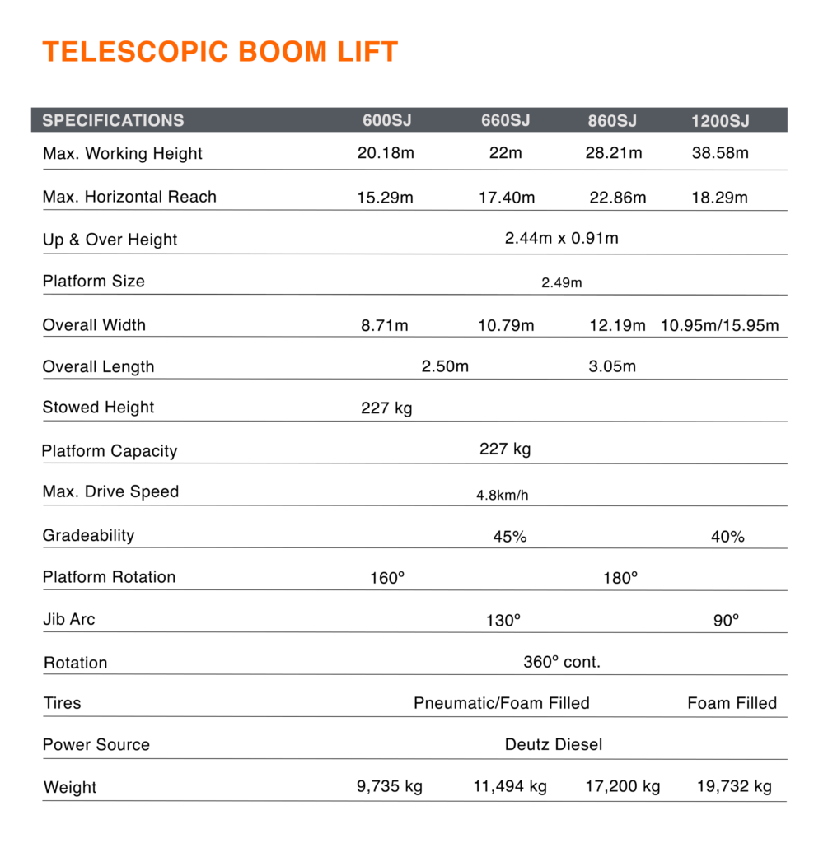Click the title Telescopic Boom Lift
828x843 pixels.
point(220,52)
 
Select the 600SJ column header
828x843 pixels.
point(386,121)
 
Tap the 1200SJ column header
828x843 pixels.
point(719,121)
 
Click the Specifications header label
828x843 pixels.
point(113,120)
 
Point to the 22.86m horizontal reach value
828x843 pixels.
point(618,198)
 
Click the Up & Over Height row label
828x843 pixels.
point(110,240)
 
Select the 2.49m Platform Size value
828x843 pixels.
point(561,283)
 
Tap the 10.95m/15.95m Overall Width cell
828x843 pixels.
point(719,325)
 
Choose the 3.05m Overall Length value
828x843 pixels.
point(612,366)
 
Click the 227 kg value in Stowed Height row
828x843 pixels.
point(386,408)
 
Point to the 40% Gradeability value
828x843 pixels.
point(727,537)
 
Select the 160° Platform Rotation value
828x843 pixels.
point(387,578)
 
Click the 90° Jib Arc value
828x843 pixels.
point(726,621)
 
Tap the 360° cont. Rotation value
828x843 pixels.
point(562,662)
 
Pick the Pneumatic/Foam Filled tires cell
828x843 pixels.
point(501,703)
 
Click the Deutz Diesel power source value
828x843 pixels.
point(554,744)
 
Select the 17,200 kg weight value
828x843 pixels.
point(622,786)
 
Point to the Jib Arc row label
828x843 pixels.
point(69,619)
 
